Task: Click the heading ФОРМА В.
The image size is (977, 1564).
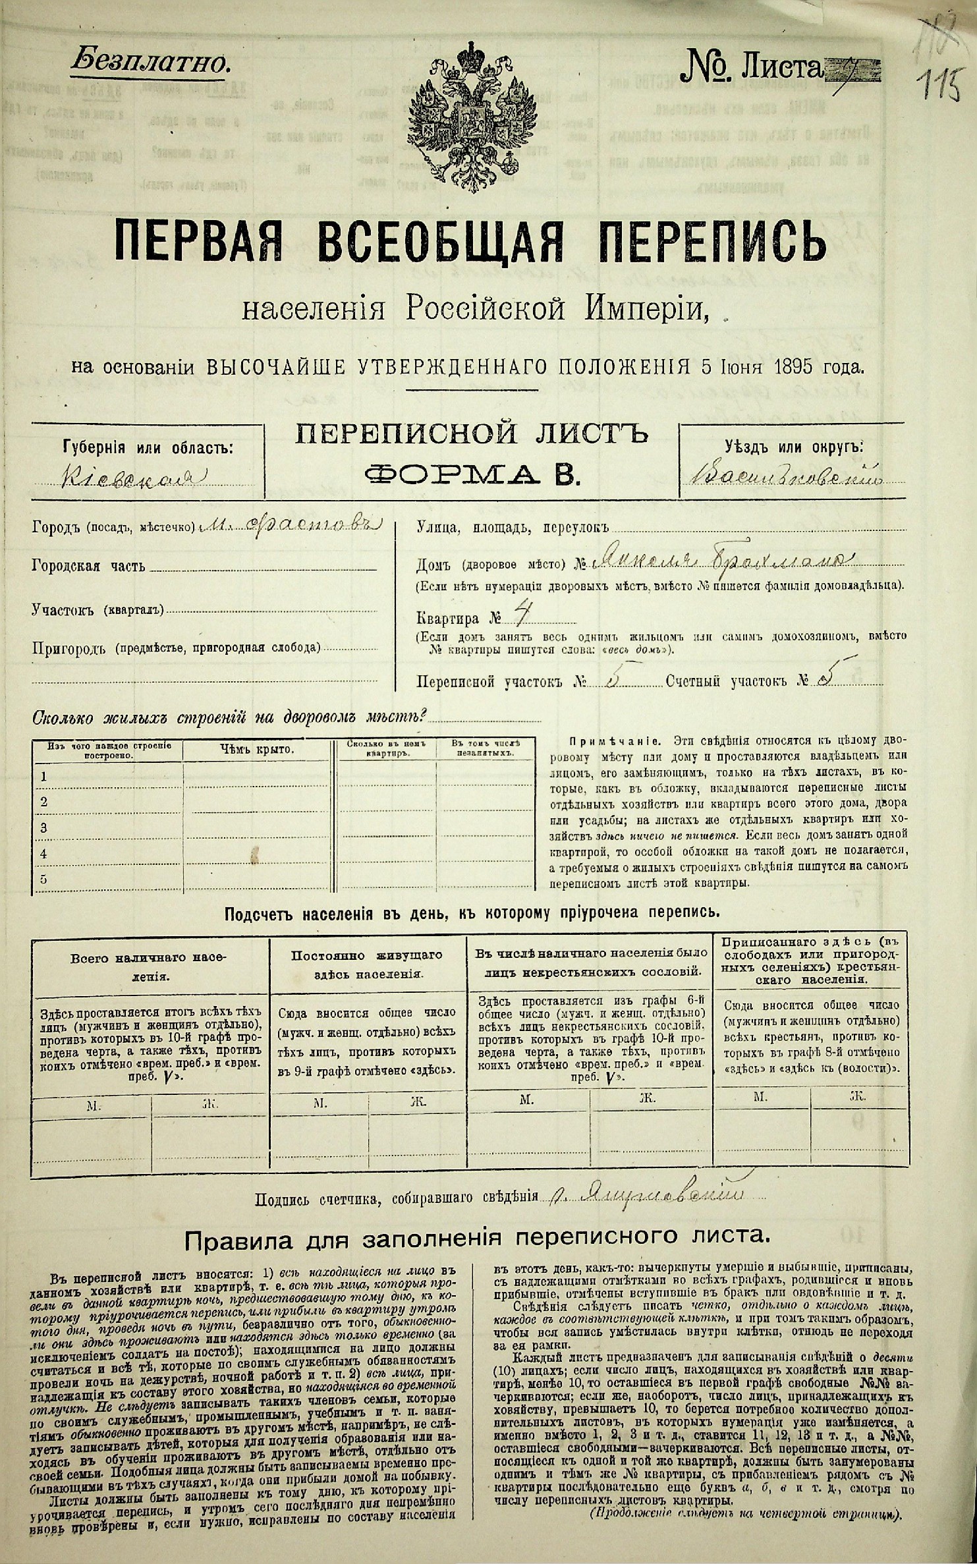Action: [472, 474]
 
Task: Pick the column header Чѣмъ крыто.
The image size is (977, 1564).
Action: [256, 749]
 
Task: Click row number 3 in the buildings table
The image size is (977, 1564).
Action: [43, 827]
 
